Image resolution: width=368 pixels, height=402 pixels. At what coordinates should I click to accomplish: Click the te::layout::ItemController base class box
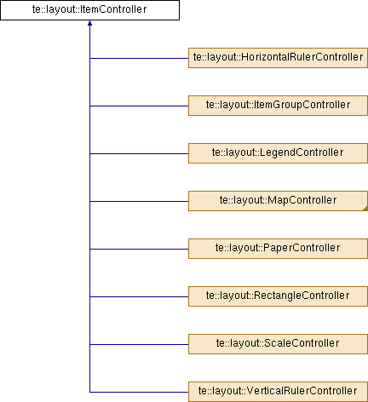click(89, 10)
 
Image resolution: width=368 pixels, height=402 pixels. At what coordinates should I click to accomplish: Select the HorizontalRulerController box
click(278, 58)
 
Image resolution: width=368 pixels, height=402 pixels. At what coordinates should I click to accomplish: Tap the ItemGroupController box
click(278, 106)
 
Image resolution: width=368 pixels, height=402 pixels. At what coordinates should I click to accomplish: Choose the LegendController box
click(278, 153)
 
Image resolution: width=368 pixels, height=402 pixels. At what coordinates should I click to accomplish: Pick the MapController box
click(278, 201)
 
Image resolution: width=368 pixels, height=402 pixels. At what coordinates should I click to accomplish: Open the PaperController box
click(278, 249)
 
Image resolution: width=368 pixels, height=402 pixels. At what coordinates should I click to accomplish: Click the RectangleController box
click(278, 296)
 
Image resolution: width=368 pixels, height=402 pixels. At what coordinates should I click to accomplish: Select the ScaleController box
click(278, 344)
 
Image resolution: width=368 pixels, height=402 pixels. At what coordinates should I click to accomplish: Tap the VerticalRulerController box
click(278, 392)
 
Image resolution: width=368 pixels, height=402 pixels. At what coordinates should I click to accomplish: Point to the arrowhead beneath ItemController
click(89, 23)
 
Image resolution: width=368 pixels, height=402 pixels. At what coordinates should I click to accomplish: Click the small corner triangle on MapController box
click(365, 209)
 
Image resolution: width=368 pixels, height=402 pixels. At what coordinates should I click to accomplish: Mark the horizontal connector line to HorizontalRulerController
click(139, 58)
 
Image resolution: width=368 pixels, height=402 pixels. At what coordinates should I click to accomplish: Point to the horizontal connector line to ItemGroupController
click(139, 106)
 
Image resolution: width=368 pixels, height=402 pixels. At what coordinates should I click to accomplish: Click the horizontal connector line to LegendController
click(139, 153)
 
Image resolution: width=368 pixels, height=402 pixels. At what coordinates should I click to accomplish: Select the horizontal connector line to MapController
click(139, 201)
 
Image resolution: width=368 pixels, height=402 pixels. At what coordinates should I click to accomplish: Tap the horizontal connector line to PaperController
click(139, 249)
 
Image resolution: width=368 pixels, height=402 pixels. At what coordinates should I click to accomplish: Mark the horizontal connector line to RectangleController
click(139, 296)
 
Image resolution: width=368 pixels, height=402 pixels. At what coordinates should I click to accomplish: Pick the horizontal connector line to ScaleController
click(139, 344)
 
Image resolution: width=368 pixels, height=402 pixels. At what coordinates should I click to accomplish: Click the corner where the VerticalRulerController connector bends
click(89, 392)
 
